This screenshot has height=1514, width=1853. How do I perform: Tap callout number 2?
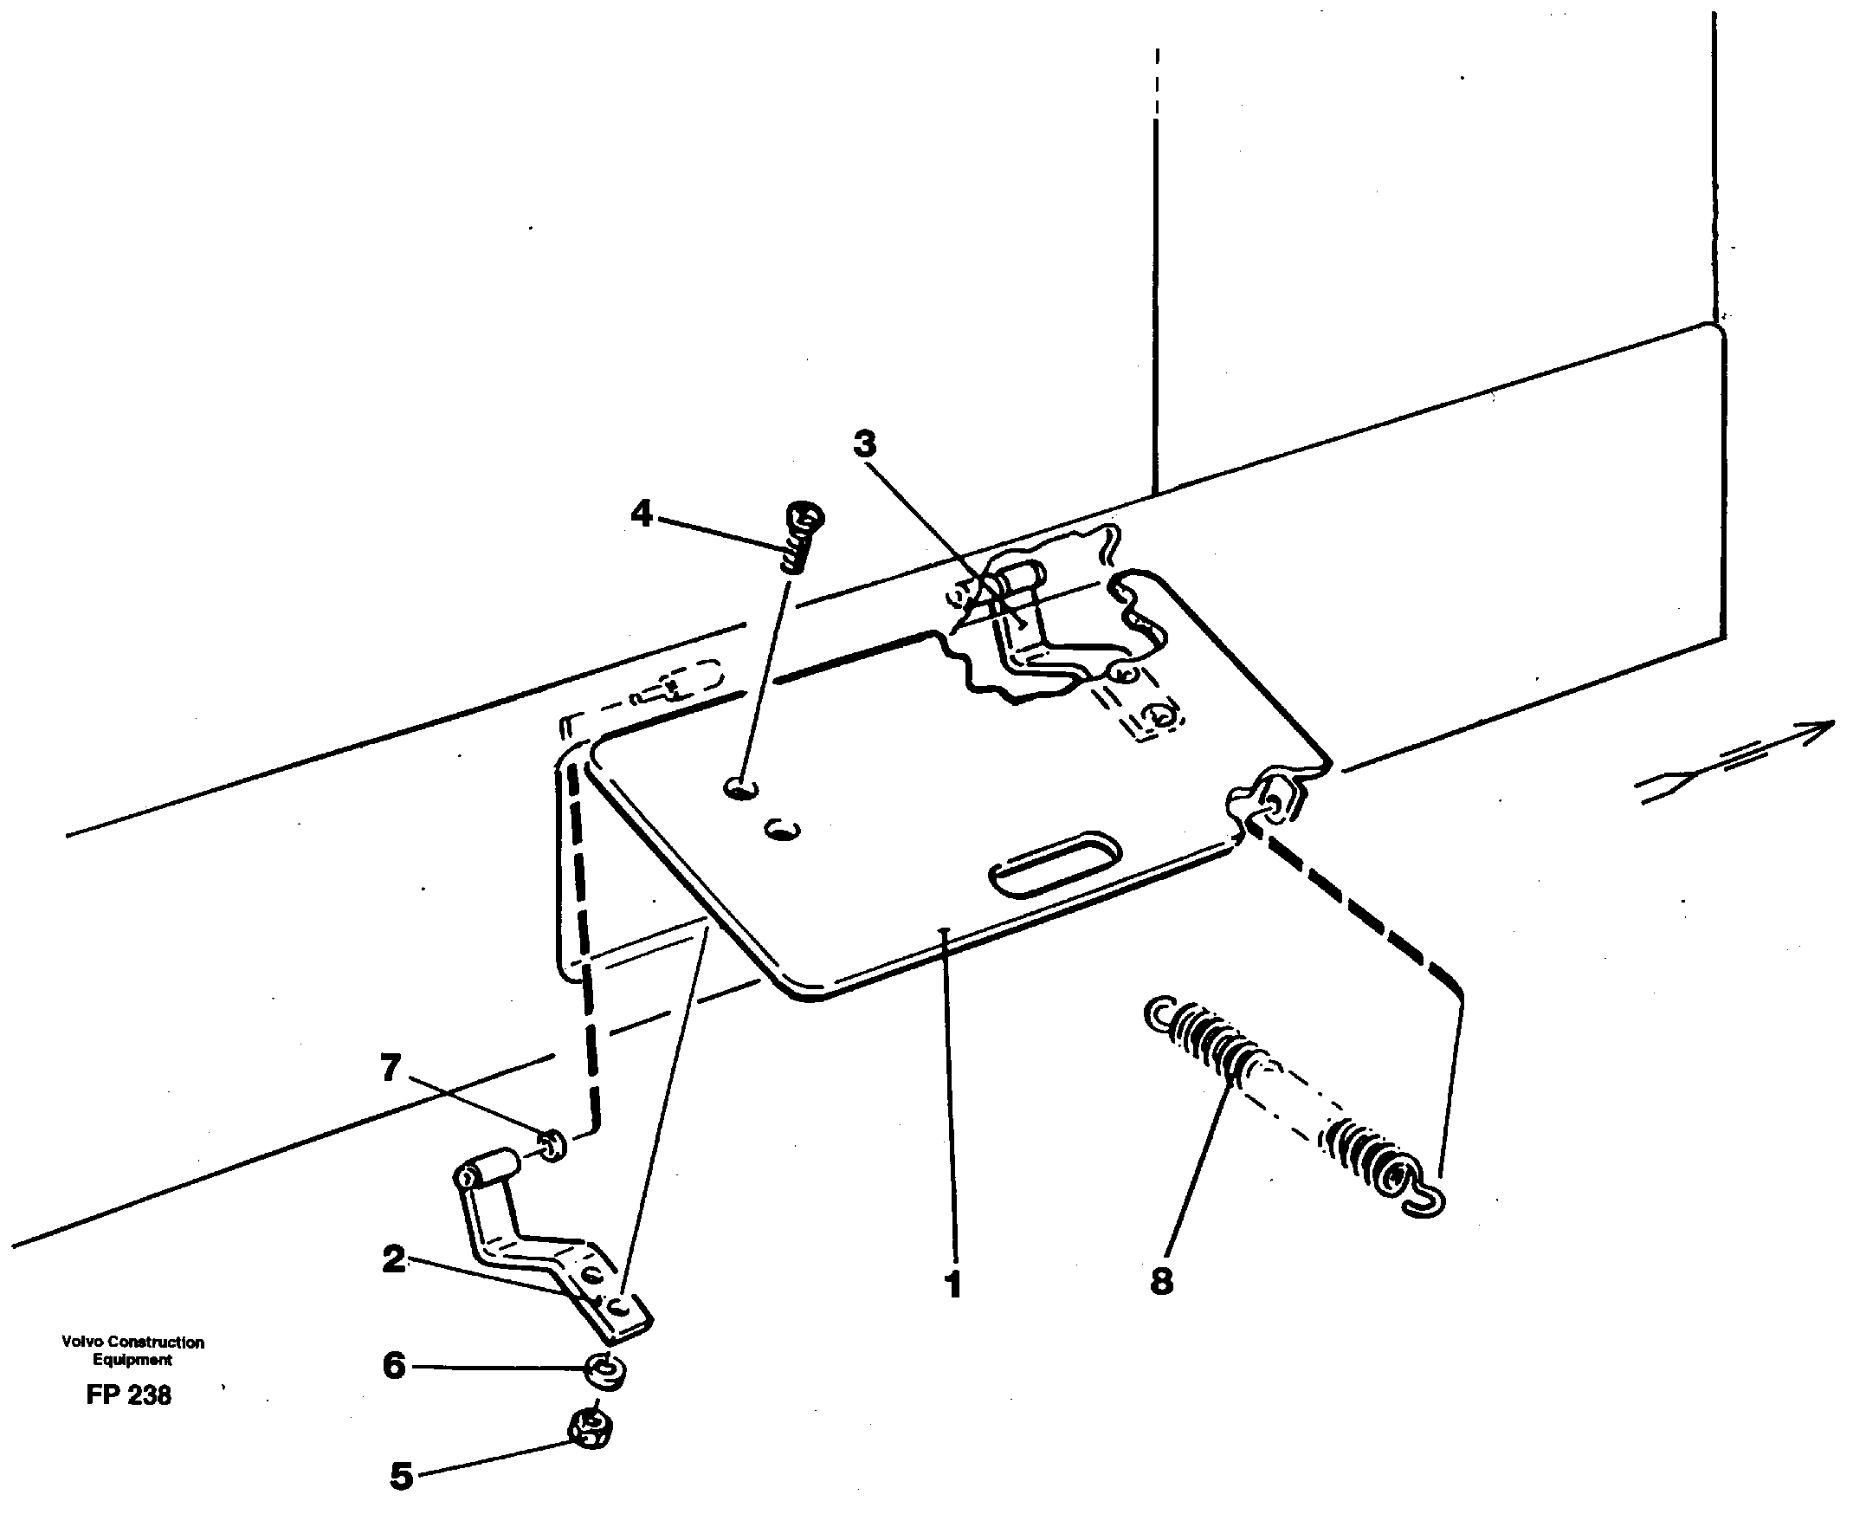coord(394,1258)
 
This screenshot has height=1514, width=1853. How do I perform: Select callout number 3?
coord(864,444)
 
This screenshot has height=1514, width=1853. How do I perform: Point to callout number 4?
coord(642,514)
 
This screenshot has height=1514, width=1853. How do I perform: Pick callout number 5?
coord(400,1476)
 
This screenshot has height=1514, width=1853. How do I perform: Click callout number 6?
coord(394,1365)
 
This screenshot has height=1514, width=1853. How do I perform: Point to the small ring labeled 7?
coord(551,1143)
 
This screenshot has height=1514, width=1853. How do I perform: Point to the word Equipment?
coord(132,1359)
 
